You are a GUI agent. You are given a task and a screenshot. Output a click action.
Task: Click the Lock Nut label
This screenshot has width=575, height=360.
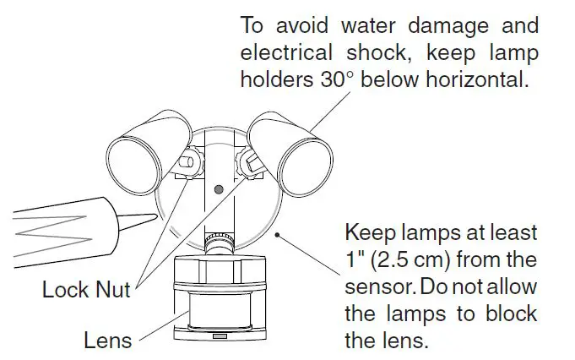[86, 290]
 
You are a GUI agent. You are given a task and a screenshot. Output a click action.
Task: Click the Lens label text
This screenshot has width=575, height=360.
[108, 341]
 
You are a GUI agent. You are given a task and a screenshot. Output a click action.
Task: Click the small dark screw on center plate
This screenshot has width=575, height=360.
[218, 191]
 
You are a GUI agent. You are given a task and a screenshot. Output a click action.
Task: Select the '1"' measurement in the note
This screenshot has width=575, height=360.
[355, 259]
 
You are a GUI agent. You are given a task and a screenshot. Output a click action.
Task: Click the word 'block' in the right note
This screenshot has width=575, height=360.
[507, 314]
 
